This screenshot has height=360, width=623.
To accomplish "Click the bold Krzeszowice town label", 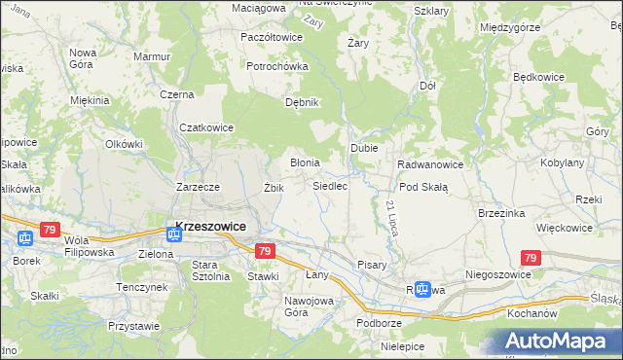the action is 209,226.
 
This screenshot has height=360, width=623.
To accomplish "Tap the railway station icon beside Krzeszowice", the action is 173,233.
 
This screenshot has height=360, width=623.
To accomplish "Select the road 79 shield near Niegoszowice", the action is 530,258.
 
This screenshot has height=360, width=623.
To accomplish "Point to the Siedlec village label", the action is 330,186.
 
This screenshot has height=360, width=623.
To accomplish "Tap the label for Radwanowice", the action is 429,164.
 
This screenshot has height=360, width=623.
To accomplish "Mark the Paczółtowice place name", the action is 272,37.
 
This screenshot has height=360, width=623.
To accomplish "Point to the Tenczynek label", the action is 142,287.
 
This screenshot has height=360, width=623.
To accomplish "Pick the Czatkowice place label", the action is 206,126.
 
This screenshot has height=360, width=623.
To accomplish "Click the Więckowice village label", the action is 565,228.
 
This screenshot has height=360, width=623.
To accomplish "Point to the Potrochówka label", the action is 276,66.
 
